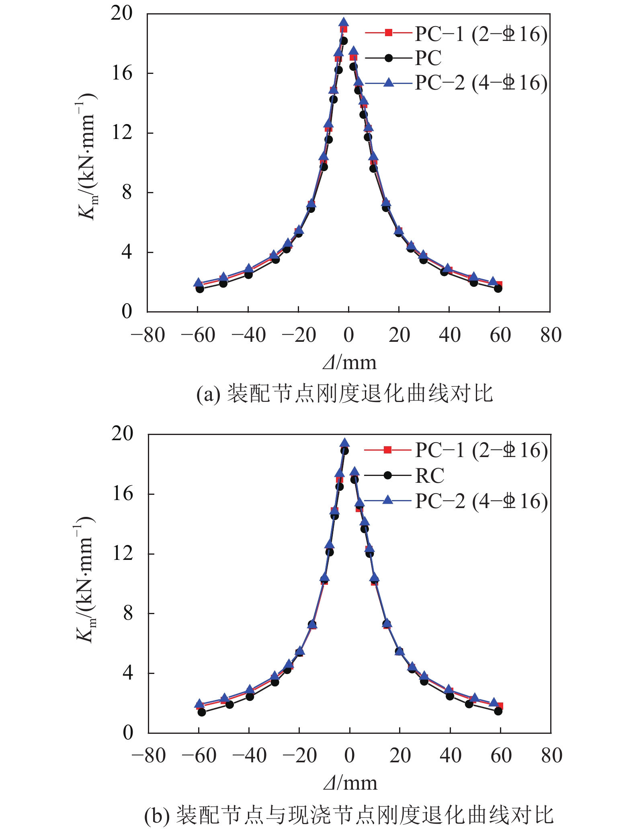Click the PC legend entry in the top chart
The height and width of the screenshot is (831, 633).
click(428, 58)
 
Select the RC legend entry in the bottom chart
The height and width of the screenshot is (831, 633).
click(429, 476)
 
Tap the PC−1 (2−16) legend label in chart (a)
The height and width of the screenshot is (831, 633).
click(481, 34)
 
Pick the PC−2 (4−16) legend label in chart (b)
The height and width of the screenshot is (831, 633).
click(481, 501)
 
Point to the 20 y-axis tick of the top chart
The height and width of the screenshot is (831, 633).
click(121, 13)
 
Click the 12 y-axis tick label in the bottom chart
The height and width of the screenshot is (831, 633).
click(122, 553)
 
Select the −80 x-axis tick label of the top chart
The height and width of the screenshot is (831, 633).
click(147, 335)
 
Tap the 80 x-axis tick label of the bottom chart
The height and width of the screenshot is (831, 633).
click(551, 755)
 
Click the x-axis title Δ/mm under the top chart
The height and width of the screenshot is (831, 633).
click(350, 363)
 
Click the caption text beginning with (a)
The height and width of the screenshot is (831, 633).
click(344, 394)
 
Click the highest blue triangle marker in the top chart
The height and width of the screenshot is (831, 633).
click(344, 22)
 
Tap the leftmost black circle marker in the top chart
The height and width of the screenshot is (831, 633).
click(200, 288)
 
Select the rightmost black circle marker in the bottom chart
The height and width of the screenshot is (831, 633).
click(498, 711)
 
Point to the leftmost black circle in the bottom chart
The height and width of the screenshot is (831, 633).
click(202, 712)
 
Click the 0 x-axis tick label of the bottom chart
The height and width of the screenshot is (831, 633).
click(349, 755)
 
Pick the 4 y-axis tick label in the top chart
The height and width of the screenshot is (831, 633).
click(127, 252)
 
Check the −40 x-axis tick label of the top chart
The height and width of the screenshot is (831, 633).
click(248, 335)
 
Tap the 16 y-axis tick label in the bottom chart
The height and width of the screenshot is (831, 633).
click(122, 494)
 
